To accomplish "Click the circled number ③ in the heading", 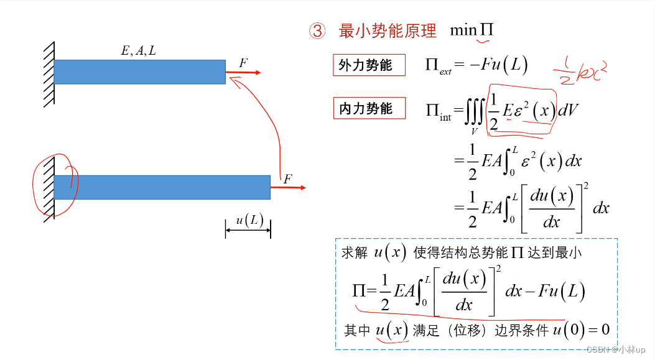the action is tap(317, 31).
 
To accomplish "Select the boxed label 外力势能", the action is tap(366, 65).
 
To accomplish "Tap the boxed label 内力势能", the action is tap(366, 108).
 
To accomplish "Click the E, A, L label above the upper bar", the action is tap(138, 51).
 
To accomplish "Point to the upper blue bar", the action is tap(139, 72).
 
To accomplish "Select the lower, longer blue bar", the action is tap(162, 187).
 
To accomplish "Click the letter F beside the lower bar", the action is tap(287, 179).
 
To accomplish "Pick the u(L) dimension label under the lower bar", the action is tap(248, 221).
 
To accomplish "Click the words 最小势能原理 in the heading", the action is tap(388, 31).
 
